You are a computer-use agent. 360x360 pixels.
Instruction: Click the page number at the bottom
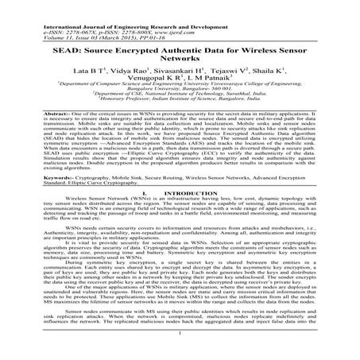tap(180, 347)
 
